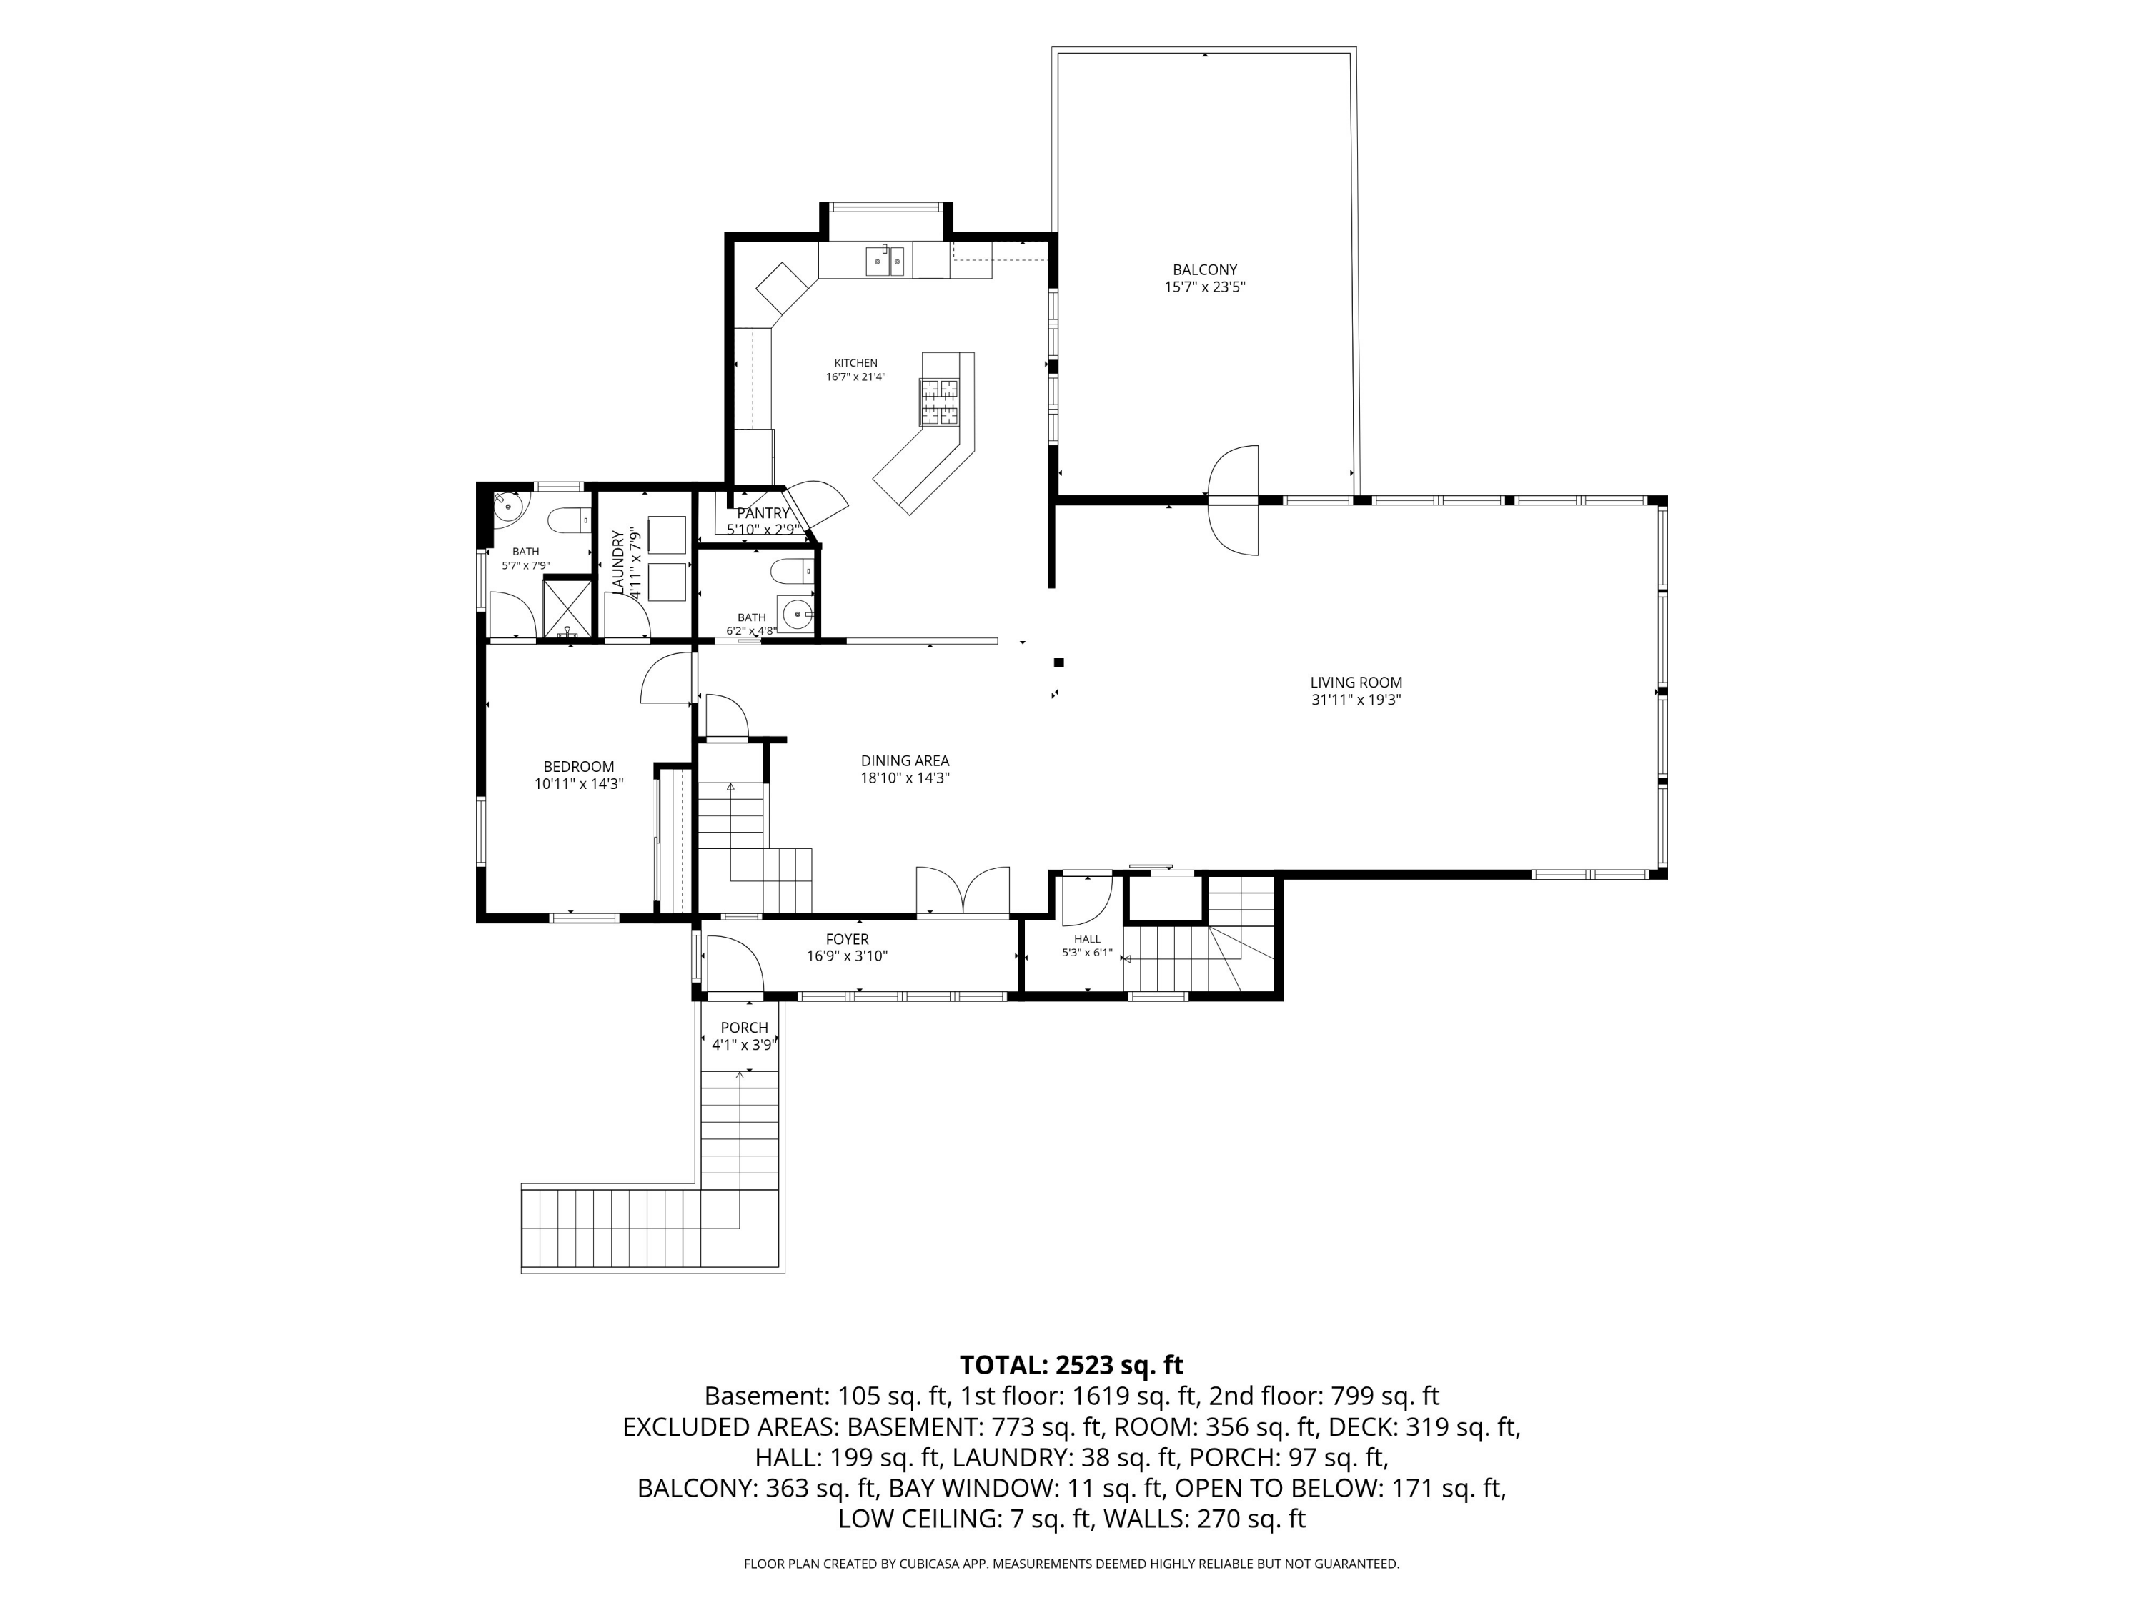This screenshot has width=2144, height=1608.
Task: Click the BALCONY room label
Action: pyautogui.click(x=1205, y=270)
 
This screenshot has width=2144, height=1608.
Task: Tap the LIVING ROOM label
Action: pyautogui.click(x=1356, y=683)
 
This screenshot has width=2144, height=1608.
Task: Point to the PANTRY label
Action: pyautogui.click(x=764, y=514)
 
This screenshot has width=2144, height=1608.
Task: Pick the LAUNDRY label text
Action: pyautogui.click(x=618, y=562)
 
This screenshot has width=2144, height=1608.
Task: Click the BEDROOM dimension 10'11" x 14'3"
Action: pyautogui.click(x=579, y=784)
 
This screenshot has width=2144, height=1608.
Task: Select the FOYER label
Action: pyautogui.click(x=847, y=939)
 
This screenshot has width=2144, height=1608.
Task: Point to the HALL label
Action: pyautogui.click(x=1088, y=939)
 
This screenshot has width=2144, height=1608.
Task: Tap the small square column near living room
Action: pyautogui.click(x=1059, y=663)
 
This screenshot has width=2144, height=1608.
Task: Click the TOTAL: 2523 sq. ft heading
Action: pyautogui.click(x=1072, y=1365)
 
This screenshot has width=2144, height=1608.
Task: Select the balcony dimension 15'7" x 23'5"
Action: pyautogui.click(x=1205, y=287)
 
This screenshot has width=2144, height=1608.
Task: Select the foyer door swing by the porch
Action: pyautogui.click(x=735, y=963)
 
